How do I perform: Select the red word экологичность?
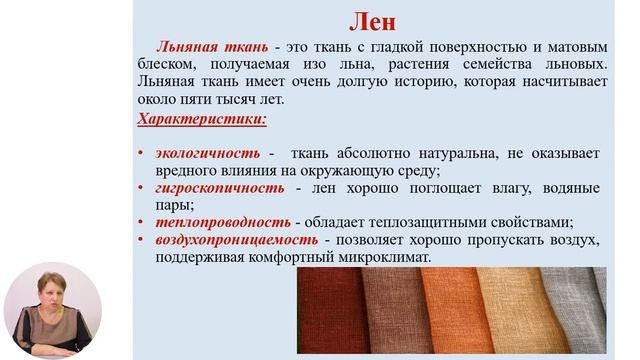coord(207,153)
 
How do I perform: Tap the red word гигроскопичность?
coord(219,188)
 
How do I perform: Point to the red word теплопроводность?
coord(222,222)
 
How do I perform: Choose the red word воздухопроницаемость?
coord(236,240)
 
